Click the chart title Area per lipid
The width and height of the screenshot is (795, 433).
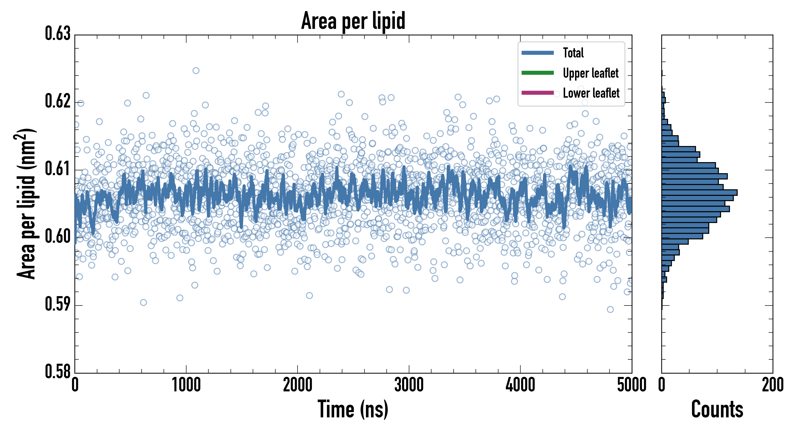[x=353, y=21]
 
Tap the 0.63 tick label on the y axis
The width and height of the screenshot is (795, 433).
[x=58, y=34]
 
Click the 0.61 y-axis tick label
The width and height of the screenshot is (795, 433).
[x=58, y=169]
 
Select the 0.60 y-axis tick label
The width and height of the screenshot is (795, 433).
[x=58, y=237]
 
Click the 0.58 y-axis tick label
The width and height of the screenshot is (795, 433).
[x=58, y=371]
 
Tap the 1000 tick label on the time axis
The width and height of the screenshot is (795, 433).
[x=186, y=385]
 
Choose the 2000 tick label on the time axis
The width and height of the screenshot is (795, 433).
[x=298, y=385]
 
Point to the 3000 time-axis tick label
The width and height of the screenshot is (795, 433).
[x=409, y=385]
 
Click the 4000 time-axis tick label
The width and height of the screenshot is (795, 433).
[x=520, y=385]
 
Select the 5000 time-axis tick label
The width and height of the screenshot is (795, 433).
[x=631, y=385]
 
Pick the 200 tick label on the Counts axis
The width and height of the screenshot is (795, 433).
[x=772, y=385]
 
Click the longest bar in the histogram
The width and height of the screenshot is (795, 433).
[x=699, y=193]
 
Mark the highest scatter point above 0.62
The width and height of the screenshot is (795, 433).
[x=196, y=70]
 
